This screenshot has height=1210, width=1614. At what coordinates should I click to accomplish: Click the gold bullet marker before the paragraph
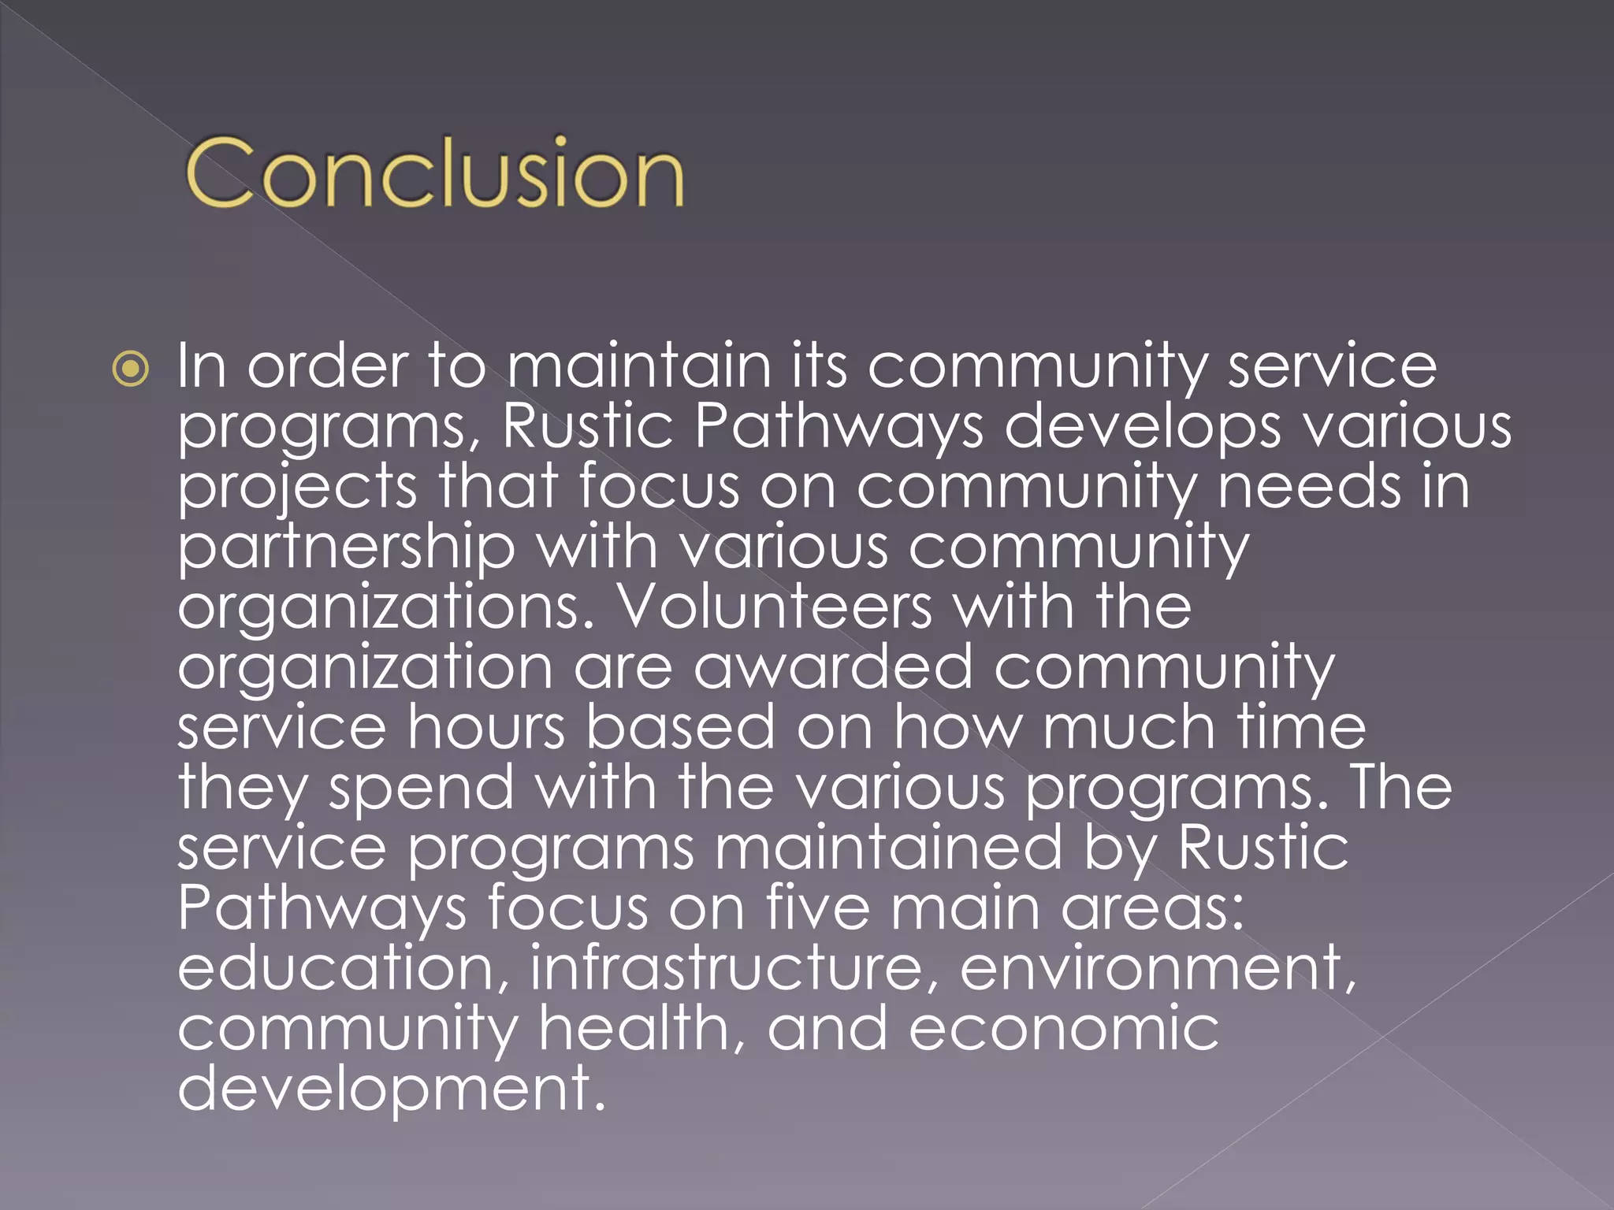tap(130, 369)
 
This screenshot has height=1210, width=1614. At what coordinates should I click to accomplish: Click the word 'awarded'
tap(832, 667)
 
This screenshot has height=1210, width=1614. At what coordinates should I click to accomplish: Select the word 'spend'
tap(421, 789)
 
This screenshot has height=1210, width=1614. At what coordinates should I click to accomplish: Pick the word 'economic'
tap(1063, 1028)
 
